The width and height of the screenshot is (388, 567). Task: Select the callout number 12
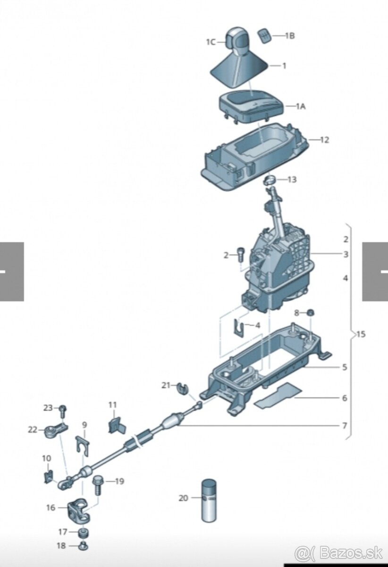[325, 140]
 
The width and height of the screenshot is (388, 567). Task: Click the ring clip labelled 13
[270, 180]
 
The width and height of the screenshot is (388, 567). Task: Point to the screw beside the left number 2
[240, 254]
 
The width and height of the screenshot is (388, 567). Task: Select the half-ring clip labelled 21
[183, 392]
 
